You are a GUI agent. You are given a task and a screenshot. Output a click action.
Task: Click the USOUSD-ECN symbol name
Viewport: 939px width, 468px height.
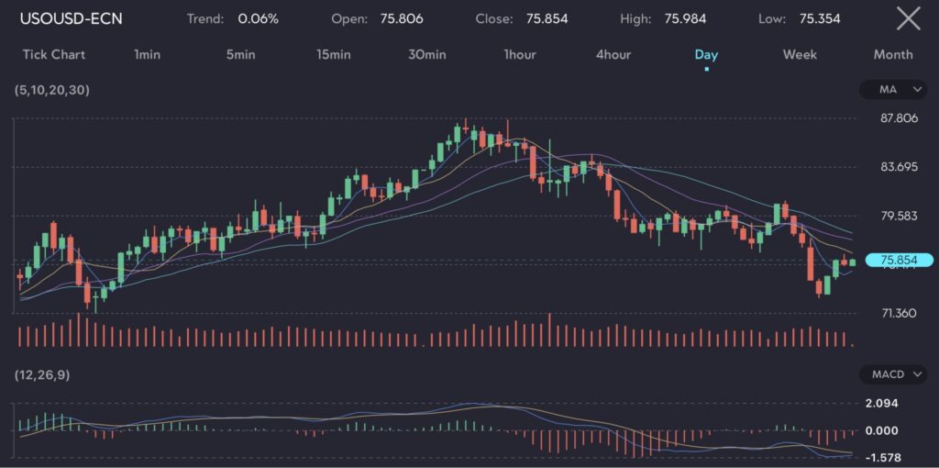71,18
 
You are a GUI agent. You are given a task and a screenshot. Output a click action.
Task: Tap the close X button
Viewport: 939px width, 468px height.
908,18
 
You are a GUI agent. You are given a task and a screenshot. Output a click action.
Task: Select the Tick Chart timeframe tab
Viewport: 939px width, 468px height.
53,54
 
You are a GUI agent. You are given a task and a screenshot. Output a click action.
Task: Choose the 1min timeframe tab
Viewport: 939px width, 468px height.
147,54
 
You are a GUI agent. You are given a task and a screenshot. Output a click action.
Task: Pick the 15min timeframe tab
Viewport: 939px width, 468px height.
334,54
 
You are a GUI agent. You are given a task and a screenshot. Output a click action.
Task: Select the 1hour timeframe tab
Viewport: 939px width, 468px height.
520,54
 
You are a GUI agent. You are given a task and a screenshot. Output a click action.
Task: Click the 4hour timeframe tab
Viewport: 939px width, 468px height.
613,54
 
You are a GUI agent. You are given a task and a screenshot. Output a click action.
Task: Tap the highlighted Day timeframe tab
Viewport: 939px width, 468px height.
706,54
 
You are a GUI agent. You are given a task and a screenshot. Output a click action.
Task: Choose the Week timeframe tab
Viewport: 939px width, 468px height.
800,54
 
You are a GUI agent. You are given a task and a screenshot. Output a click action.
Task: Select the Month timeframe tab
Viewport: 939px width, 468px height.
893,54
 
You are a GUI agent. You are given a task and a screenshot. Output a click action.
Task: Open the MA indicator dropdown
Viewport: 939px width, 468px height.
893,89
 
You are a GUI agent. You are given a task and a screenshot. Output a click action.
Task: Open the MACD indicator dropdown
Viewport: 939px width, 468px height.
893,374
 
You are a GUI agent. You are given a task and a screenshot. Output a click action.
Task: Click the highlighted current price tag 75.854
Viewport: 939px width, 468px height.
899,261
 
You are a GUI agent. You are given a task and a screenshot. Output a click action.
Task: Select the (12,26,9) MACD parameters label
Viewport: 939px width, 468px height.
42,374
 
